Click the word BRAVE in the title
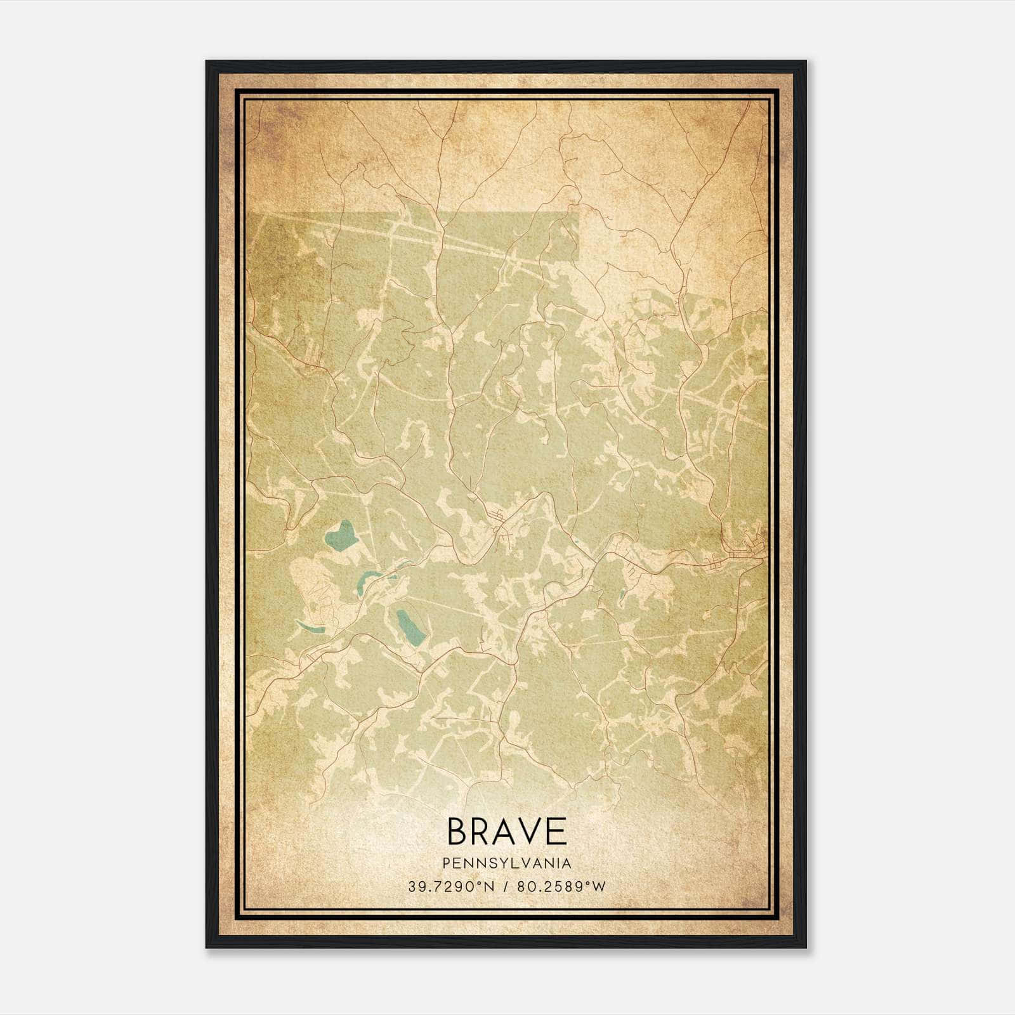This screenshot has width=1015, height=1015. click(507, 831)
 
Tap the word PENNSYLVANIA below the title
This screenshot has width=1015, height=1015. click(507, 863)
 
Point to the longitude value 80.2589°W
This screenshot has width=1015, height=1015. click(561, 887)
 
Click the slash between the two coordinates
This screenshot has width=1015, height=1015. click(506, 887)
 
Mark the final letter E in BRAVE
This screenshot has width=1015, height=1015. click(556, 831)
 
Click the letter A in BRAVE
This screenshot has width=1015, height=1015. click(506, 831)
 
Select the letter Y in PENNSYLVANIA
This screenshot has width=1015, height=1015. click(502, 863)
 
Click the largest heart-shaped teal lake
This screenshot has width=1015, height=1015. click(341, 536)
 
